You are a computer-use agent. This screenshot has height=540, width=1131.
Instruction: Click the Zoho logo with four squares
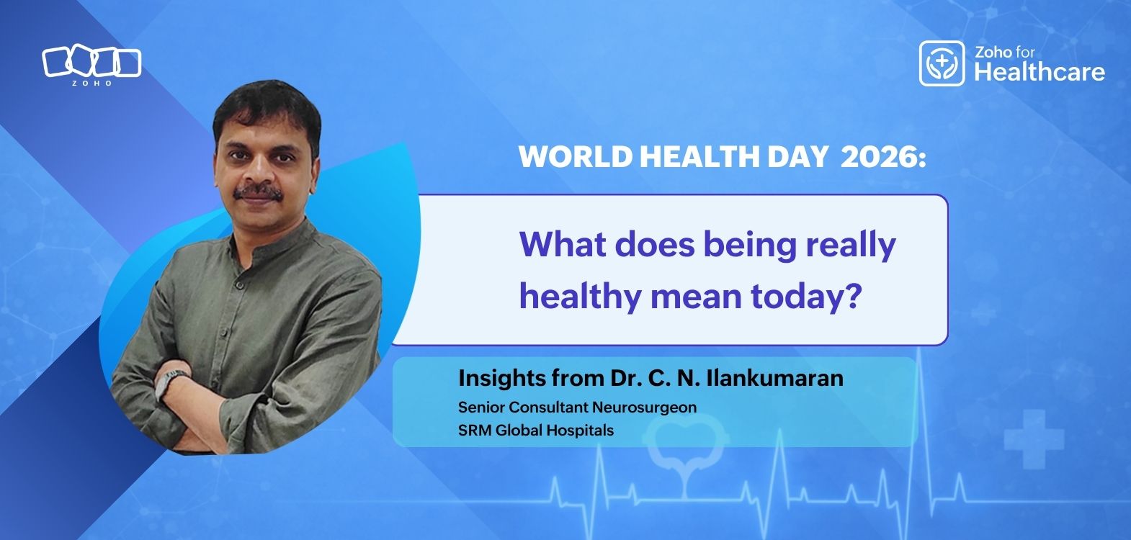click(x=91, y=65)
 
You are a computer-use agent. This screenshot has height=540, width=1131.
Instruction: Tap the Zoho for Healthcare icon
click(x=942, y=63)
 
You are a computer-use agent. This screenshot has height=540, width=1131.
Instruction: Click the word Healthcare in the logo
click(x=1040, y=72)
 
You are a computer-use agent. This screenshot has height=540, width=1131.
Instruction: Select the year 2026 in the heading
click(x=883, y=157)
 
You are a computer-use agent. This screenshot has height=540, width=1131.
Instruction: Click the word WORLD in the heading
click(x=575, y=157)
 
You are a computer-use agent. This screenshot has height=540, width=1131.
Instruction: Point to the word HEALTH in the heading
click(x=699, y=157)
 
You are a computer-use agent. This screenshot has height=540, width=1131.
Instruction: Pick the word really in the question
click(x=851, y=246)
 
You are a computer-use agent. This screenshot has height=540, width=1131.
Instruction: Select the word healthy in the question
click(x=580, y=298)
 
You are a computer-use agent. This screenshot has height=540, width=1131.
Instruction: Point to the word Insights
click(x=502, y=379)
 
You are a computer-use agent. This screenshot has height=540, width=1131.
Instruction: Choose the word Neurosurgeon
click(x=644, y=408)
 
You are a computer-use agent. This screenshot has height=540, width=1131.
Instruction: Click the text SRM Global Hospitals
click(x=536, y=431)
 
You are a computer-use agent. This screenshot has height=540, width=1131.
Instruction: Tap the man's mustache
click(x=258, y=192)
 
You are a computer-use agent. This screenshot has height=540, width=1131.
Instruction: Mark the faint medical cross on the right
click(x=1034, y=439)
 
